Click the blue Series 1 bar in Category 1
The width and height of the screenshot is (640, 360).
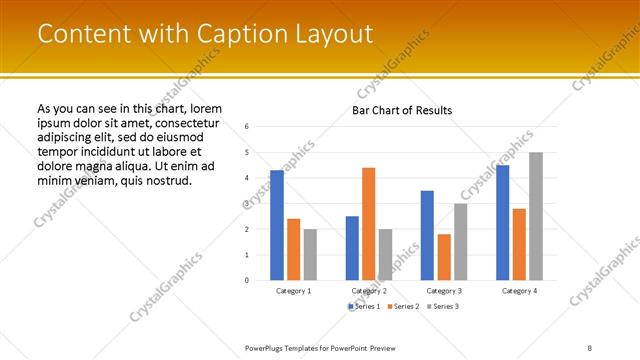[x=277, y=225]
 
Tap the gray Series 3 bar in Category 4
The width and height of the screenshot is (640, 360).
[x=535, y=216]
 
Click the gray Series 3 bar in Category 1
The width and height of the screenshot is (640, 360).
[x=310, y=254]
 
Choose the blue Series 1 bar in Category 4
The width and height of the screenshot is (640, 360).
[x=502, y=222]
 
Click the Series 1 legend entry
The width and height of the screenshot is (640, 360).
[x=366, y=305]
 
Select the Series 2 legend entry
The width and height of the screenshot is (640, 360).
[x=403, y=305]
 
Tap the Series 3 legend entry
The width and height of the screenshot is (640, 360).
[x=441, y=305]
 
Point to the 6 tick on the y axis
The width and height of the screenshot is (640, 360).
[x=247, y=126]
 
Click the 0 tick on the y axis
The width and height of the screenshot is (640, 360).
[x=247, y=280]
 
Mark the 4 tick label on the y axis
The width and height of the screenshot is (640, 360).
[x=247, y=177]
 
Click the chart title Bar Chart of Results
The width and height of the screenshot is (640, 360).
[x=402, y=110]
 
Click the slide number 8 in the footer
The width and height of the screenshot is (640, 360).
[x=590, y=346]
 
